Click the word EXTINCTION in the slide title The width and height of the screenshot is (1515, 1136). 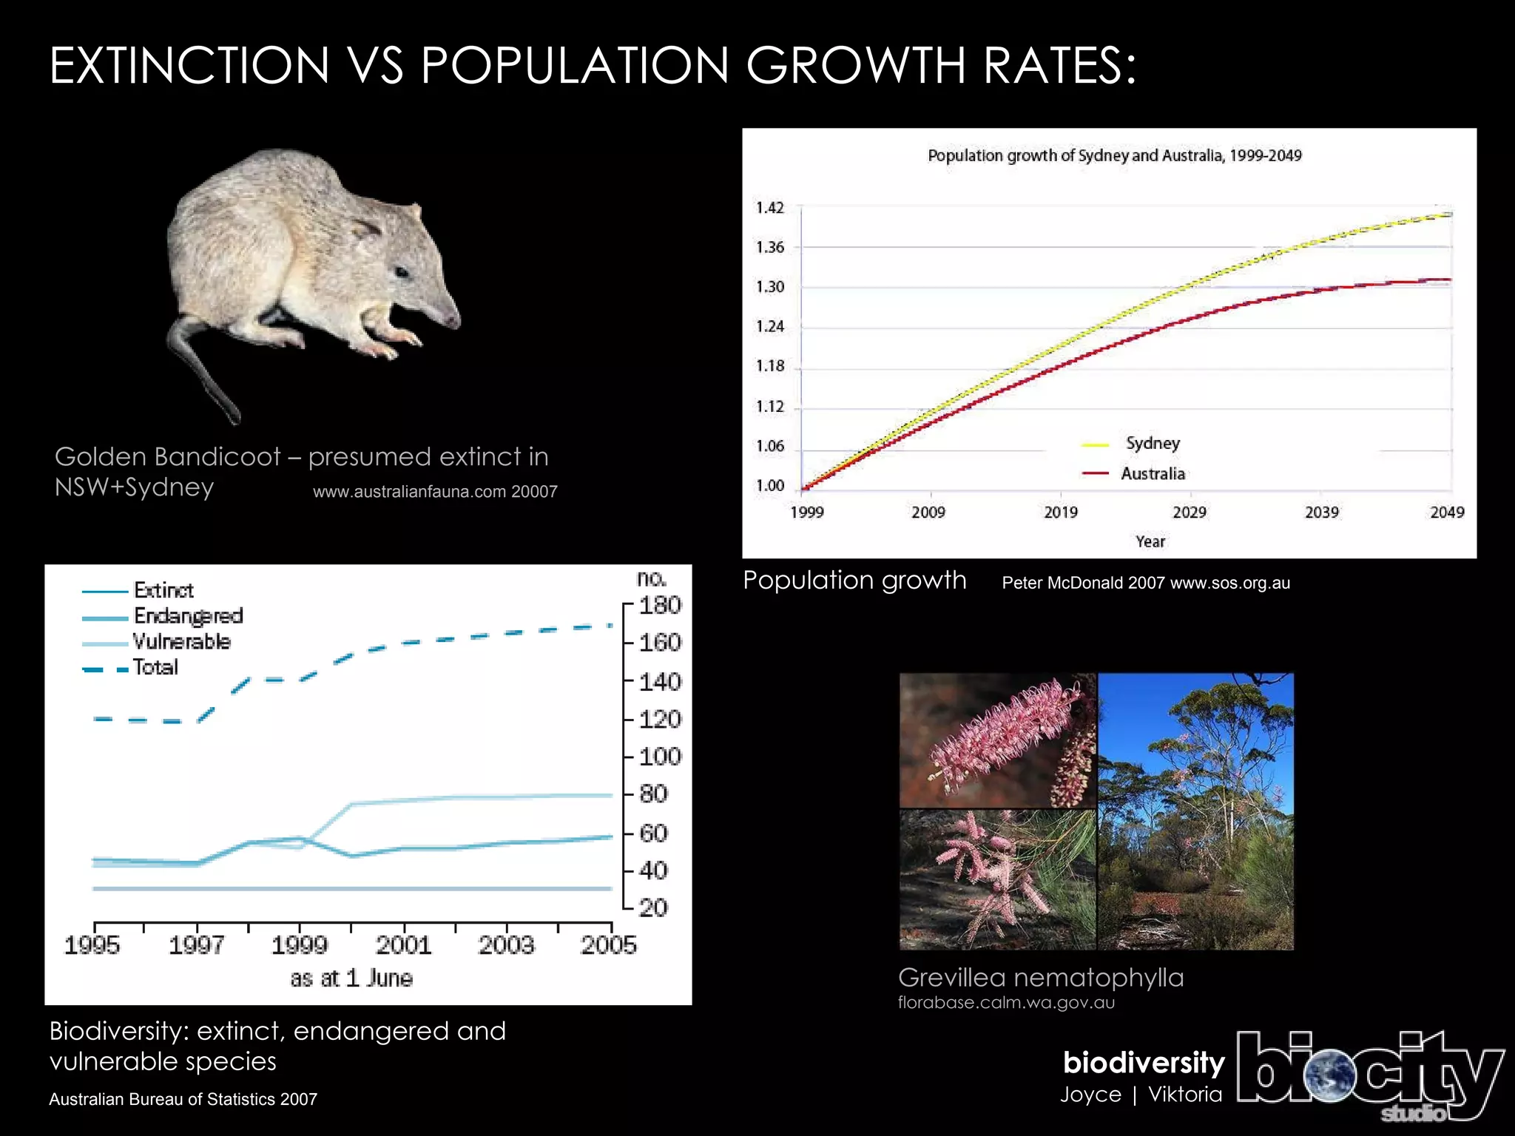(x=189, y=67)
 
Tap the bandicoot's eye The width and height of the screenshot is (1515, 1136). (x=402, y=272)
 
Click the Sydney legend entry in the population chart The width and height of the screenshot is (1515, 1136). (x=1152, y=444)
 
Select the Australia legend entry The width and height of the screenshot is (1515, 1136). (x=1152, y=474)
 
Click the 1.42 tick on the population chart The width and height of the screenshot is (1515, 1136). (x=769, y=208)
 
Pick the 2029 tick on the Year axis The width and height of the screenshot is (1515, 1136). (x=1189, y=512)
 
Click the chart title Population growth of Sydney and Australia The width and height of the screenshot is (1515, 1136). (x=1114, y=155)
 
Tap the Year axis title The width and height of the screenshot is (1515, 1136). (x=1150, y=541)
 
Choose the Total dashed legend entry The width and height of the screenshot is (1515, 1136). (x=155, y=667)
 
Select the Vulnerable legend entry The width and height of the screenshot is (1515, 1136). (x=181, y=641)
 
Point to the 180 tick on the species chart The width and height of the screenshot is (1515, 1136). (x=659, y=606)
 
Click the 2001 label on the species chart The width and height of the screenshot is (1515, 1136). (x=403, y=944)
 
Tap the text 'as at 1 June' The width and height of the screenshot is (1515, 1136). (x=351, y=978)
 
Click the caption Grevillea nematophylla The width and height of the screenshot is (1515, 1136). (x=1040, y=978)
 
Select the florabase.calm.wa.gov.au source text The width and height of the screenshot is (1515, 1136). (x=1006, y=1003)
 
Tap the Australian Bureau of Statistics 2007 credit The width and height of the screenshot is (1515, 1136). (x=183, y=1099)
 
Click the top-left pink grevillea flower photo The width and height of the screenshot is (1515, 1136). (x=996, y=740)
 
